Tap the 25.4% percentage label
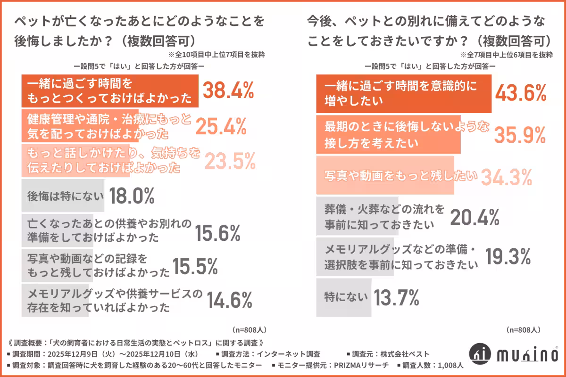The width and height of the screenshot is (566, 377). click(221, 127)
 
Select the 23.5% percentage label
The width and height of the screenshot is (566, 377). click(230, 161)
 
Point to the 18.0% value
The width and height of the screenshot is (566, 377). click(132, 196)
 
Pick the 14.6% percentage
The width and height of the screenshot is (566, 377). click(229, 298)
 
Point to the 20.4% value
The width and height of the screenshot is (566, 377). click(474, 217)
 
